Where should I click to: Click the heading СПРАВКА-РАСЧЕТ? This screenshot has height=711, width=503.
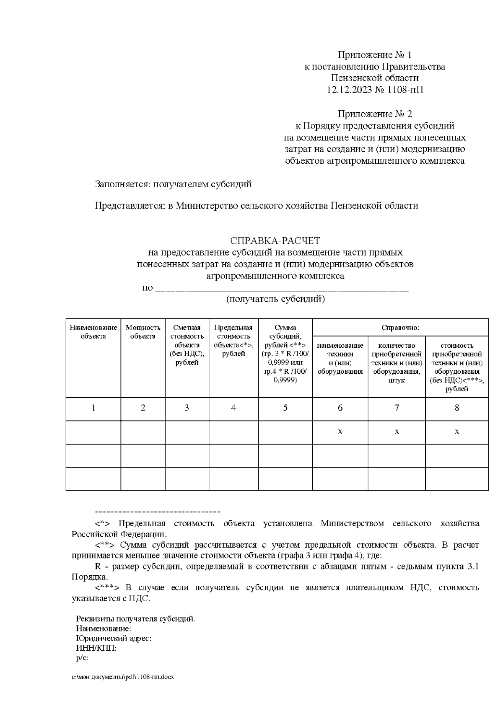click(x=275, y=241)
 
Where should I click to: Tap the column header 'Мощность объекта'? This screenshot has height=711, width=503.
click(x=143, y=332)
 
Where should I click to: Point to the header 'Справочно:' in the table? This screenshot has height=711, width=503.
click(x=400, y=328)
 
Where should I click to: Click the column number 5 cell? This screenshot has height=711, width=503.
click(x=285, y=408)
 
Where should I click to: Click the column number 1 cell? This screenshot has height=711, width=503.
click(x=93, y=408)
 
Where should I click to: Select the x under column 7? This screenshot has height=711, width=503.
click(x=397, y=431)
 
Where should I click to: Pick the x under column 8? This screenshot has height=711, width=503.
click(x=457, y=431)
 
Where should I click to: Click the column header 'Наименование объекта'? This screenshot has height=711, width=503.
click(x=93, y=332)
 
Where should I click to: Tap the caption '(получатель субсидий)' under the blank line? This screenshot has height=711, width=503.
click(x=275, y=300)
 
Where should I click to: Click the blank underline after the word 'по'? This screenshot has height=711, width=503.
click(x=281, y=288)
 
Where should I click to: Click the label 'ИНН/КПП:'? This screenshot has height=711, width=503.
click(x=96, y=648)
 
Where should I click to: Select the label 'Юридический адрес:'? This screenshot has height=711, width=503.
click(x=114, y=639)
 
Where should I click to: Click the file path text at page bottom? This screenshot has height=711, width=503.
click(x=122, y=677)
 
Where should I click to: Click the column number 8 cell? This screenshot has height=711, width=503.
click(x=457, y=408)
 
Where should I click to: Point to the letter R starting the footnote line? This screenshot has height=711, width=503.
click(x=98, y=566)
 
